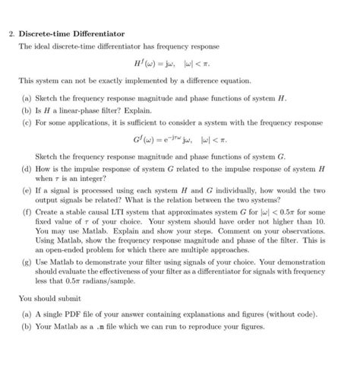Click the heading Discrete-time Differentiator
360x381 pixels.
[x=71, y=34]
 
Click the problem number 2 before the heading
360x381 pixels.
[x=11, y=34]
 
